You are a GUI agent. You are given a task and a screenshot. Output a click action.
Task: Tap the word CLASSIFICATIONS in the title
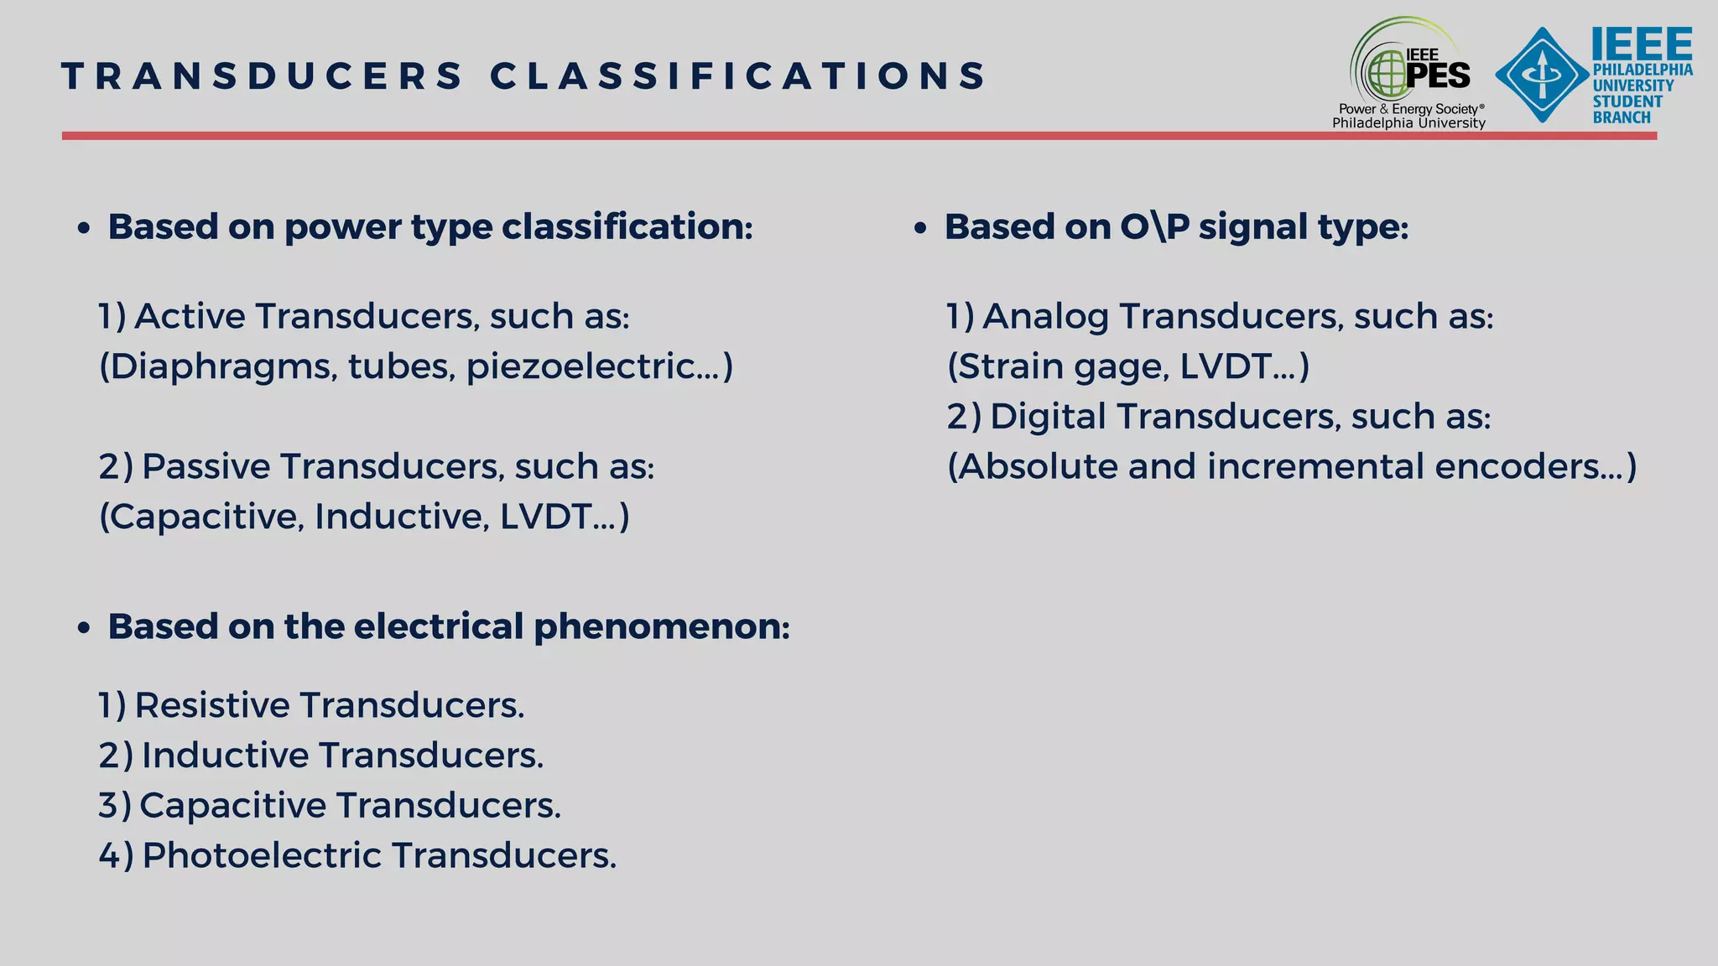point(738,75)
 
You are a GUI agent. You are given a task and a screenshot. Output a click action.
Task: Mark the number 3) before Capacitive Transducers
point(115,806)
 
